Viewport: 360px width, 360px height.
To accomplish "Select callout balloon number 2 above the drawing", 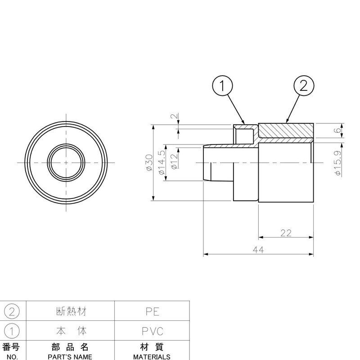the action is click(x=304, y=85).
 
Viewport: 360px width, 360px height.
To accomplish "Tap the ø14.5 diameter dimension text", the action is click(x=162, y=162).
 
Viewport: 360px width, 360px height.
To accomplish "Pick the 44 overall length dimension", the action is click(x=258, y=250).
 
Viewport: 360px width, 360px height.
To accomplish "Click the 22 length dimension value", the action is click(x=286, y=233).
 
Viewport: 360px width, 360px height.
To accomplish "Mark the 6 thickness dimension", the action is click(x=337, y=131).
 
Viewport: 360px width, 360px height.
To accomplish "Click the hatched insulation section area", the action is click(x=286, y=130).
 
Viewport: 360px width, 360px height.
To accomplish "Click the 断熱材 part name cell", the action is click(x=70, y=311).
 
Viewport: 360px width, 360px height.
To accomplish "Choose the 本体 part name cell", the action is click(x=70, y=332).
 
